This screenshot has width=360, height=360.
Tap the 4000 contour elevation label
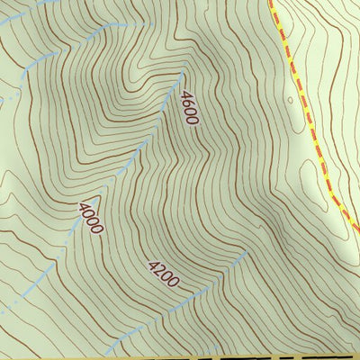click(91, 217)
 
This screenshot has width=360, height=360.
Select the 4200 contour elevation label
click(164, 274)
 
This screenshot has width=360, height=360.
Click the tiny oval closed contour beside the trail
click(290, 101)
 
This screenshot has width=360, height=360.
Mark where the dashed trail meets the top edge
click(271, 2)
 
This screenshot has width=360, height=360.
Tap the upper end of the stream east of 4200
click(247, 253)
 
